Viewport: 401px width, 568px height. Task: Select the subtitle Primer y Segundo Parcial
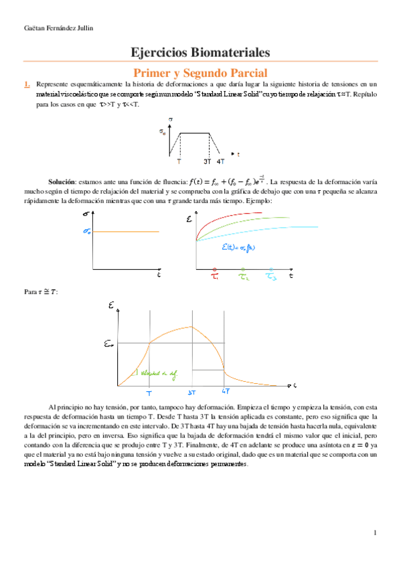[x=200, y=72]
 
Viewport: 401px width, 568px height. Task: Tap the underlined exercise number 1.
[x=27, y=84]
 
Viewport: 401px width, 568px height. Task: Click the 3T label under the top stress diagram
[x=207, y=161]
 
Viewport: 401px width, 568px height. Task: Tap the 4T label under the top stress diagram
[x=220, y=161]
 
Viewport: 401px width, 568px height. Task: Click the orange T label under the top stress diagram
[x=179, y=161]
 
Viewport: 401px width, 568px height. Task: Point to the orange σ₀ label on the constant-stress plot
[x=86, y=232]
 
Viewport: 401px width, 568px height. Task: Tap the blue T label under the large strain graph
[x=149, y=393]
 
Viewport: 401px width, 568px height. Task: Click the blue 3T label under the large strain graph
[x=191, y=393]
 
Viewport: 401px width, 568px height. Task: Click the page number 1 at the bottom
[x=376, y=533]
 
